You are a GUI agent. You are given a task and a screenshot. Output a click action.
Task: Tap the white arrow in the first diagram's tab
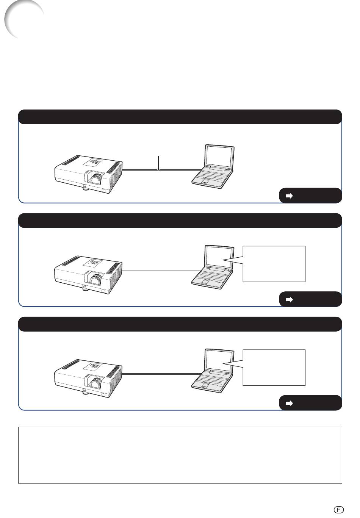(x=289, y=196)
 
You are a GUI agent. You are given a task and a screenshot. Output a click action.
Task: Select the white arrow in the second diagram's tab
(x=289, y=299)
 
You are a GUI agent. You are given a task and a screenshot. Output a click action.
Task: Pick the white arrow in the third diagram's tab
(x=289, y=403)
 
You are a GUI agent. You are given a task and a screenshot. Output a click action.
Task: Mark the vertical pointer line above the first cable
(x=158, y=163)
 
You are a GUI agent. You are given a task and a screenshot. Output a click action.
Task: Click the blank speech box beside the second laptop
(x=274, y=264)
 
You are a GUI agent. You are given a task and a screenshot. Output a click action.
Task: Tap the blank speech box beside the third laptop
(x=274, y=368)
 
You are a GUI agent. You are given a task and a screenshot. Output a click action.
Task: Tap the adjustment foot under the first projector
(x=85, y=188)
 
